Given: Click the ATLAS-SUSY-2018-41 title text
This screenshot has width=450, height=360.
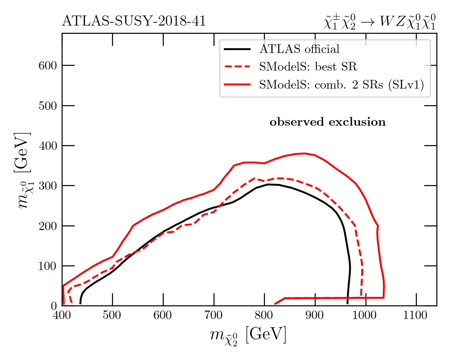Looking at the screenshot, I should point(134,22).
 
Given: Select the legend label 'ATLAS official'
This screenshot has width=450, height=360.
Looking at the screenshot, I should point(299,49).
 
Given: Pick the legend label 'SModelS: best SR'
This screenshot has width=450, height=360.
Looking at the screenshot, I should point(308,67).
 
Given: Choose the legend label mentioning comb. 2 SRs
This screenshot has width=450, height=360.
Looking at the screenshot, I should point(341,85).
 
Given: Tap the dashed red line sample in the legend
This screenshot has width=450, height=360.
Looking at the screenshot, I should point(237,67).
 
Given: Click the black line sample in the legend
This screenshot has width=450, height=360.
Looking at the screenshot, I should point(237,49).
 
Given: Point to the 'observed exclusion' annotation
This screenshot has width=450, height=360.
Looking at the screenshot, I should point(328,122).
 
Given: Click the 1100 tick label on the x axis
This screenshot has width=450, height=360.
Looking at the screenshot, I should point(416,316).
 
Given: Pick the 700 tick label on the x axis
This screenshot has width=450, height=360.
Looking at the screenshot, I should point(214,316).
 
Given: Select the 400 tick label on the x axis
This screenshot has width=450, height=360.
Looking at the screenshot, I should point(62,316).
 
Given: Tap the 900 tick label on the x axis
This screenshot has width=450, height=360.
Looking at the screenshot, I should point(315,316).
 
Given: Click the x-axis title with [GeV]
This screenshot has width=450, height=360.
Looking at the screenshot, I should point(248,336).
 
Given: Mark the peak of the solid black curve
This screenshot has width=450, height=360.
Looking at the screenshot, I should point(268,184).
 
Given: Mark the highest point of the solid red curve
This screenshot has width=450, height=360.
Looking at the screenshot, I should point(305,153).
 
